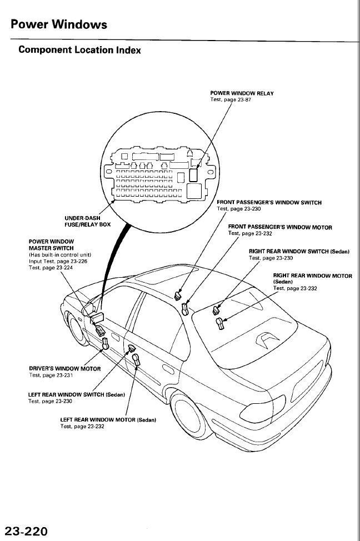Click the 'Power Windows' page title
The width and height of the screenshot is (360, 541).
pyautogui.click(x=58, y=24)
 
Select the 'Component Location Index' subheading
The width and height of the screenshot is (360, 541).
pyautogui.click(x=79, y=50)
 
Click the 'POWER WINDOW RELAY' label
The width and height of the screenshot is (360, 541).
pyautogui.click(x=242, y=93)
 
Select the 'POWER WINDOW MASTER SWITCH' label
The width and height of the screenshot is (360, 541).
pyautogui.click(x=51, y=244)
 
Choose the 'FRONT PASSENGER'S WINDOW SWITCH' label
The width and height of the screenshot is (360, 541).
pyautogui.click(x=269, y=203)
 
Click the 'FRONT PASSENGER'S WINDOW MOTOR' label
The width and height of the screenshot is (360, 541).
pyautogui.click(x=280, y=227)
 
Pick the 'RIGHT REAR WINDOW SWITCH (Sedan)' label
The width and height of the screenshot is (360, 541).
pyautogui.click(x=299, y=252)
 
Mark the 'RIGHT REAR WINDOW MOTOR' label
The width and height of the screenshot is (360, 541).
pyautogui.click(x=312, y=275)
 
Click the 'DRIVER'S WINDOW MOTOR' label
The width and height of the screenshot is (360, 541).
pyautogui.click(x=64, y=369)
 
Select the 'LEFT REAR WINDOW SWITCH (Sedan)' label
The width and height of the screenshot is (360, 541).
pyautogui.click(x=76, y=394)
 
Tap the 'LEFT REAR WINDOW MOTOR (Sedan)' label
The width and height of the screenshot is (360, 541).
pyautogui.click(x=107, y=420)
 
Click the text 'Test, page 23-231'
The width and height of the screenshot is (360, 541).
pyautogui.click(x=51, y=375)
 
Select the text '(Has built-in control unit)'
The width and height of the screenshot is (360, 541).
pyautogui.click(x=59, y=255)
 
